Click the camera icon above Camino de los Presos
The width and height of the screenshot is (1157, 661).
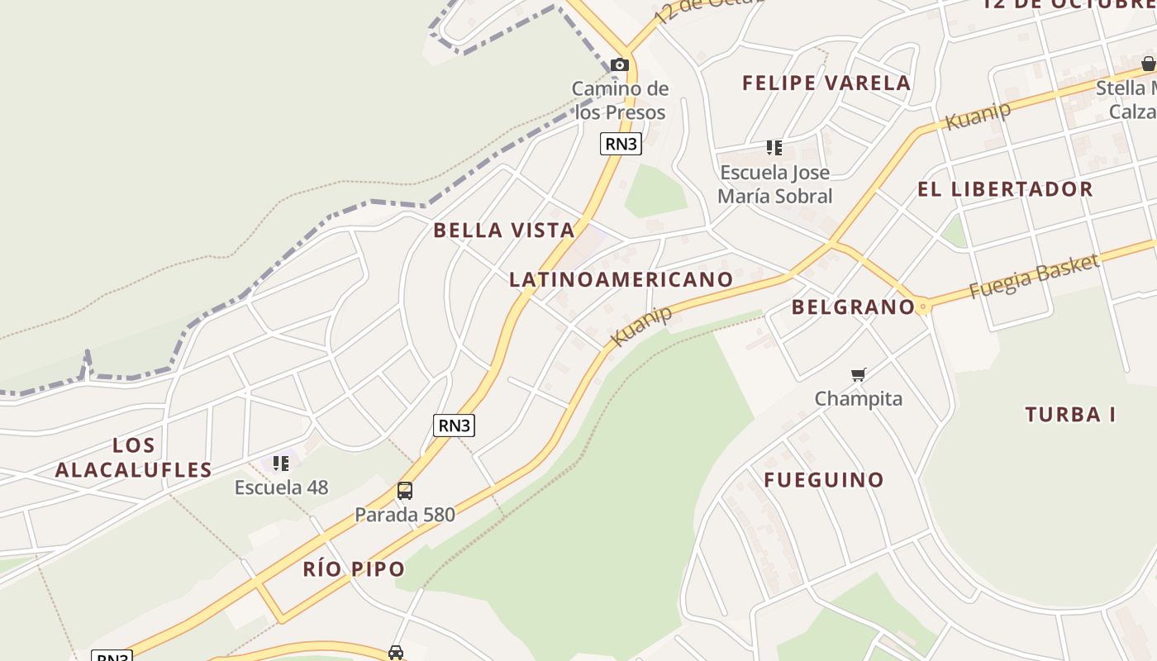pyautogui.click(x=620, y=64)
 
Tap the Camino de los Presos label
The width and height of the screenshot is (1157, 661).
pyautogui.click(x=620, y=100)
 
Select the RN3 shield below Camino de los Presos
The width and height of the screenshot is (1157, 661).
pyautogui.click(x=621, y=144)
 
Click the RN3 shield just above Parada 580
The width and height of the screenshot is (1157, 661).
pyautogui.click(x=454, y=426)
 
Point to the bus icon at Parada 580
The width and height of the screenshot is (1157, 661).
pyautogui.click(x=404, y=491)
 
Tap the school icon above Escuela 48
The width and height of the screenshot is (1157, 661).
pyautogui.click(x=281, y=463)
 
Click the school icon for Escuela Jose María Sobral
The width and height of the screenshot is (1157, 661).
pyautogui.click(x=774, y=148)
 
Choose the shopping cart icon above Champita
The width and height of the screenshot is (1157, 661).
pyautogui.click(x=859, y=375)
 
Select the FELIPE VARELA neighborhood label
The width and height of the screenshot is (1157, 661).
pyautogui.click(x=826, y=83)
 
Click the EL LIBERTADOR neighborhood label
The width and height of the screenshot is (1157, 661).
pyautogui.click(x=1005, y=189)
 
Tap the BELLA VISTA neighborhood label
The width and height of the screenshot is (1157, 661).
pyautogui.click(x=504, y=230)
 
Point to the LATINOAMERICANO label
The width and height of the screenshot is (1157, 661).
pyautogui.click(x=621, y=279)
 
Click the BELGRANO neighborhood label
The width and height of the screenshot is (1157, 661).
pyautogui.click(x=853, y=307)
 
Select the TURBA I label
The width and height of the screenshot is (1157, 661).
pyautogui.click(x=1070, y=414)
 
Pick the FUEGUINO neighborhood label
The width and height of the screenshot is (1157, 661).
pyautogui.click(x=824, y=479)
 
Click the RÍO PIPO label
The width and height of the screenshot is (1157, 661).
pyautogui.click(x=354, y=568)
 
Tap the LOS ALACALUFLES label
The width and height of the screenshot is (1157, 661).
pyautogui.click(x=134, y=458)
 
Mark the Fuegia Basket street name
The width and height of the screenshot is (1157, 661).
pyautogui.click(x=1034, y=277)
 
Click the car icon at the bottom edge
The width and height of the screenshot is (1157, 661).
pyautogui.click(x=396, y=653)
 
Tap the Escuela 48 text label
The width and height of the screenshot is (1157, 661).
pyautogui.click(x=281, y=487)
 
